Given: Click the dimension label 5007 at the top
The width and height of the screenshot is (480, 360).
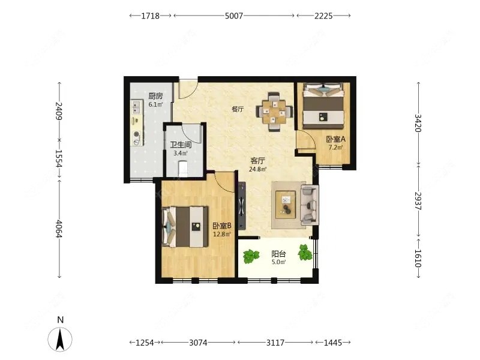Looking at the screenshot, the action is tap(234, 16).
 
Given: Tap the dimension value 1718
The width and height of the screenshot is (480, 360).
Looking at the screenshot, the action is tap(150, 16).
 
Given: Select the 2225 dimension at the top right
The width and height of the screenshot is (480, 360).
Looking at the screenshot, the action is tap(323, 16).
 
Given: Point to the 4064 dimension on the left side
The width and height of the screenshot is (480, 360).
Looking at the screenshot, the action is tap(59, 229).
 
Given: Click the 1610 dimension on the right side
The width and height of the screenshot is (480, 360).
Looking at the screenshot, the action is tap(418, 259).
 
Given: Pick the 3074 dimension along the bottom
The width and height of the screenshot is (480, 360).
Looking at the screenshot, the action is tap(198, 343).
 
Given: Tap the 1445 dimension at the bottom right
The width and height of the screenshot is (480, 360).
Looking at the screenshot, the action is tap(333, 343).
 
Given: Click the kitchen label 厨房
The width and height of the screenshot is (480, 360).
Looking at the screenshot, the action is tap(155, 96).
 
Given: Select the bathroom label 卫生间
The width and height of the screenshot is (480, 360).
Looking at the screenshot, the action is tap(181, 145).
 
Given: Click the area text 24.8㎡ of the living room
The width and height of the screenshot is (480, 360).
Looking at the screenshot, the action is tap(257, 169).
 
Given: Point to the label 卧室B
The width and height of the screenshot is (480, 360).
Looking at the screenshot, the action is tap(222, 226).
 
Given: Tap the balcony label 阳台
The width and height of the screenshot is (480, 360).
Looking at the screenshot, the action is tap(278, 254).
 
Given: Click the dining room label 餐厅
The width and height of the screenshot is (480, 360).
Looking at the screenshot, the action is tap(238, 109).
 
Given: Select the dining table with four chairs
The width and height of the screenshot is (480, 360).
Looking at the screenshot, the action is tap(274, 112).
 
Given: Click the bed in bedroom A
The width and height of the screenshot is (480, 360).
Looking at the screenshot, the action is tap(323, 107).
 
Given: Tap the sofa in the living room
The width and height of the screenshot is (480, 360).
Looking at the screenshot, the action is tap(310, 205).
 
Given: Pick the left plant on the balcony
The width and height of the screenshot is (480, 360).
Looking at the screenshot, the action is tap(251, 257).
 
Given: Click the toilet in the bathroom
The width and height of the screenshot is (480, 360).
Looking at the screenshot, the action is tap(183, 169).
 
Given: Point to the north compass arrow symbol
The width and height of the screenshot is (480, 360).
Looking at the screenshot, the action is tap(61, 339).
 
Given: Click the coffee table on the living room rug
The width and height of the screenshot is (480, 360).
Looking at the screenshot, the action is tap(286, 205).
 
